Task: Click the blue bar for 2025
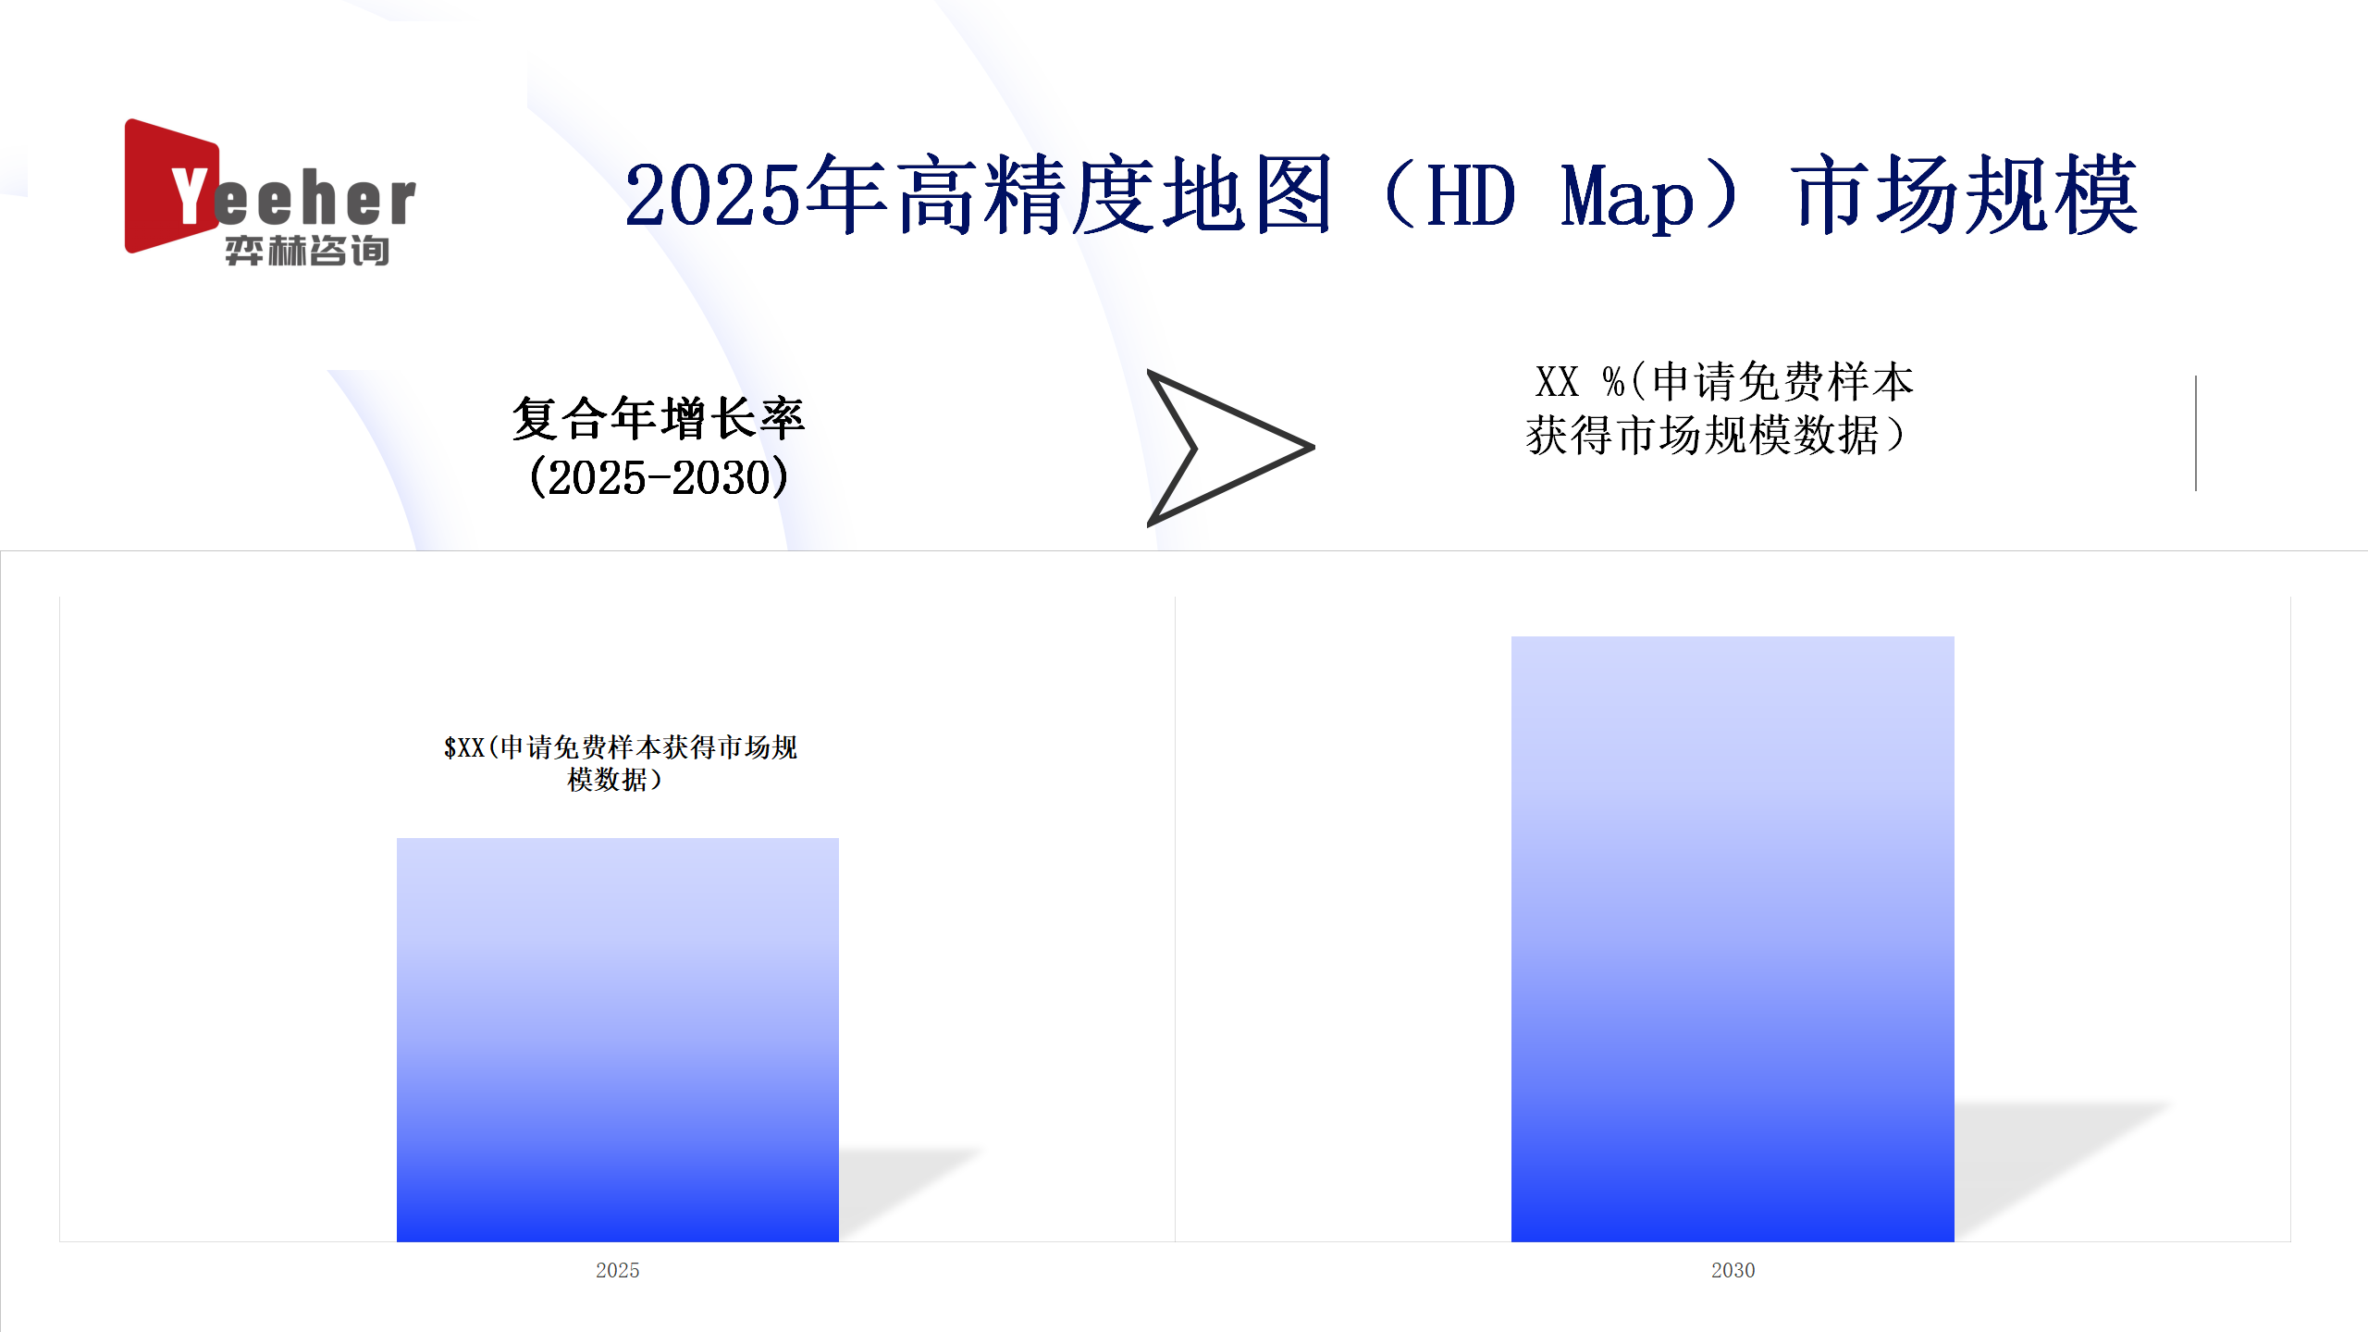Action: click(618, 1040)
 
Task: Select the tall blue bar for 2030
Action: click(1733, 939)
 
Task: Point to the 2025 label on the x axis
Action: click(618, 1270)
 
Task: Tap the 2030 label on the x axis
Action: click(1733, 1270)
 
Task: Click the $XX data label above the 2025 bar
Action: click(620, 763)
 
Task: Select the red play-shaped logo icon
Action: click(172, 185)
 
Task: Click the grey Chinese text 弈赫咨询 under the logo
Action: click(307, 251)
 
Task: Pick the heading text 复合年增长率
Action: click(659, 419)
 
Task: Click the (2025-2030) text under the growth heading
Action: click(659, 477)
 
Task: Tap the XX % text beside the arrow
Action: click(1580, 381)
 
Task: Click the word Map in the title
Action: click(1627, 196)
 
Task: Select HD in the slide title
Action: click(1472, 195)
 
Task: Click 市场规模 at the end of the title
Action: click(1964, 194)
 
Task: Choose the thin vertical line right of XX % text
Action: click(2195, 433)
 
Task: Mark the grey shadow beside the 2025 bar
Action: click(910, 1193)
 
